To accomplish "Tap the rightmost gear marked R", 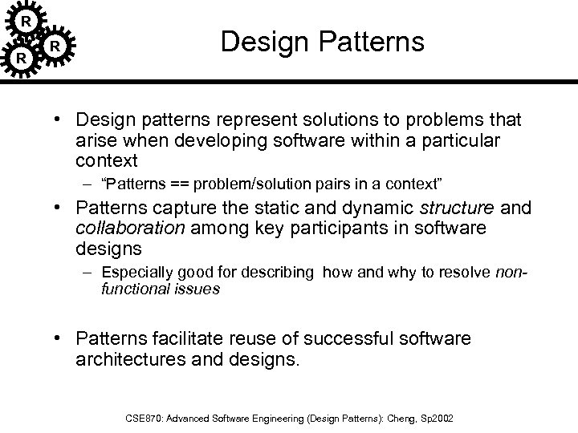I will click(x=54, y=47).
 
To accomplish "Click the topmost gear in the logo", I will click(x=26, y=19).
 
